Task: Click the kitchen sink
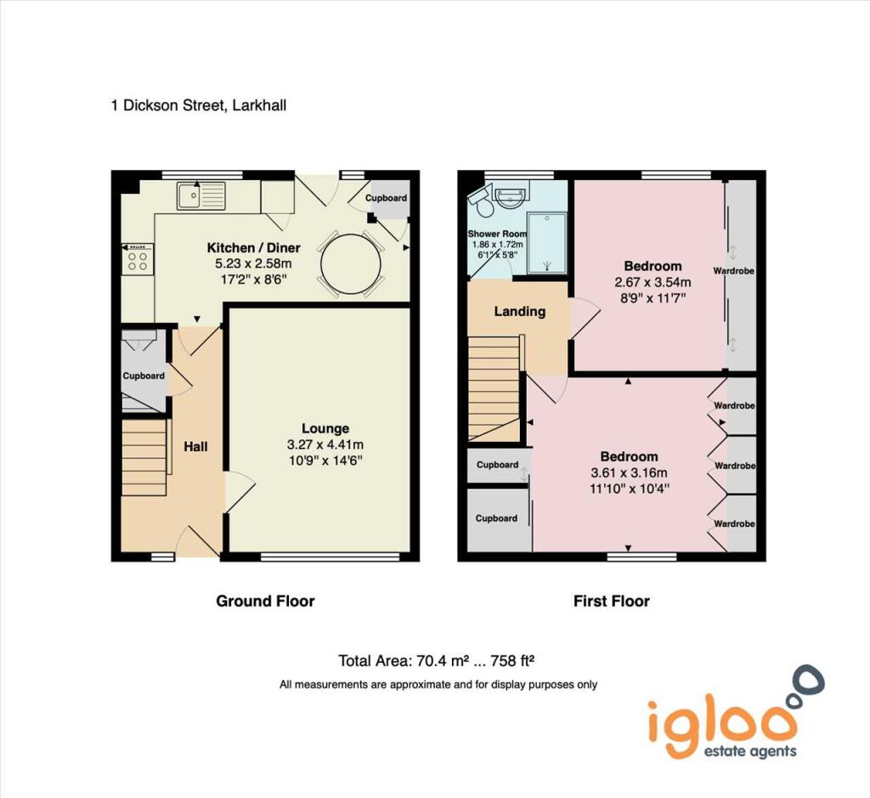tap(201, 197)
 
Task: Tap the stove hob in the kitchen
tap(138, 258)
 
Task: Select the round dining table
tap(351, 264)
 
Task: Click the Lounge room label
tap(325, 428)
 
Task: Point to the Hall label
tap(195, 446)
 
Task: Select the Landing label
tap(519, 311)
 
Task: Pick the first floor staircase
tap(494, 387)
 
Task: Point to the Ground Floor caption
tap(265, 602)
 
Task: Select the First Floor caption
tap(611, 602)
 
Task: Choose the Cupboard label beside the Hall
tap(144, 376)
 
